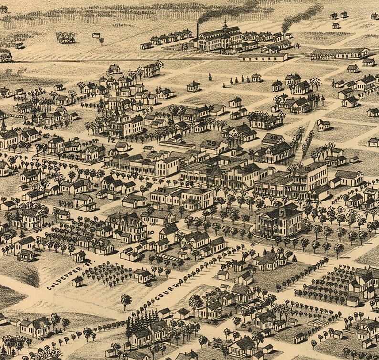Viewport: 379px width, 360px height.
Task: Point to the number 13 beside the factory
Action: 185,47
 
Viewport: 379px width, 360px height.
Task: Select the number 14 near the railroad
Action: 296,45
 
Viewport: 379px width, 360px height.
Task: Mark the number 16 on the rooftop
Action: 273,138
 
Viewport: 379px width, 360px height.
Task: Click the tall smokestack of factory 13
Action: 197,32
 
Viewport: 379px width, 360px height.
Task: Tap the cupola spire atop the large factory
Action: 225,24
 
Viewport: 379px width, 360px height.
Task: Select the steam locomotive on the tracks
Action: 6,57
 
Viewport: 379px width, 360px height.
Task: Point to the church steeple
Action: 4,125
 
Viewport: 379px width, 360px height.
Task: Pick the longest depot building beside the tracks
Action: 339,53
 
